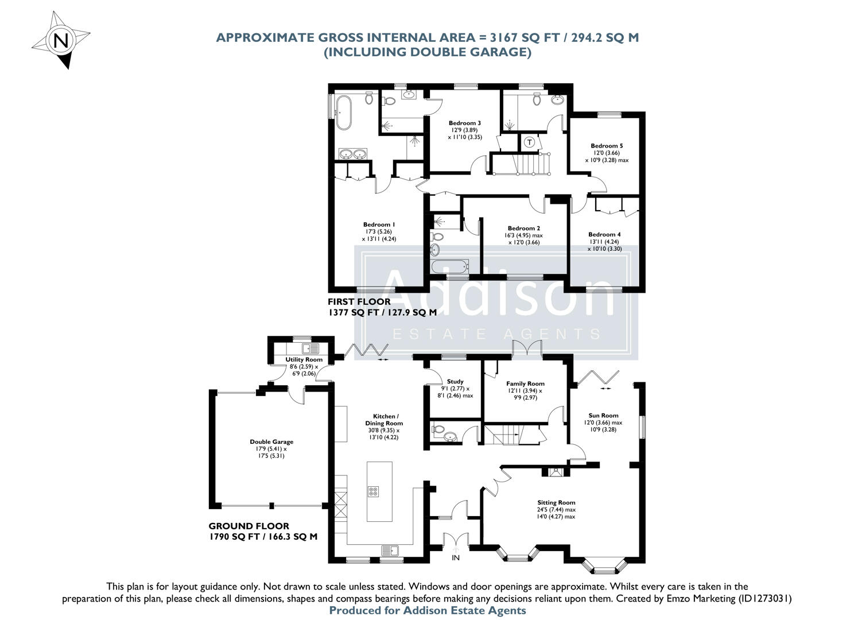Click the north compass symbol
coord(60,40)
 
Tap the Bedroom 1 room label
coord(379,224)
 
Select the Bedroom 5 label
coord(607,146)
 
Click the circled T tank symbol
coord(529,142)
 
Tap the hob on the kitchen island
coord(372,491)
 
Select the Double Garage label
coord(271,441)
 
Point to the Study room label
coord(455,381)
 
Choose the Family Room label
coord(525,383)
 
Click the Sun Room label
coord(603,415)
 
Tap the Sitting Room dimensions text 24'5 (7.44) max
coord(556,509)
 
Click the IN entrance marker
coord(456,557)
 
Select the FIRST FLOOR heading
coord(359,301)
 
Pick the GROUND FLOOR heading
coord(249,526)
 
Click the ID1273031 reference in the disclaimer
coord(761,598)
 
